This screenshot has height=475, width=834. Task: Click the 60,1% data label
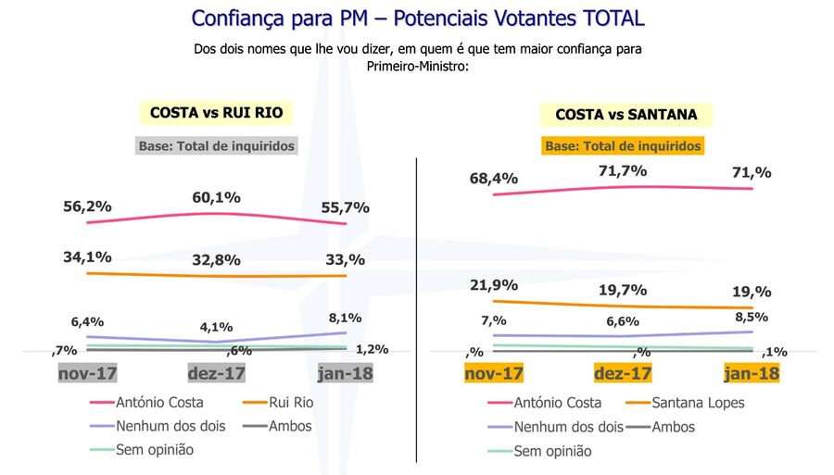tap(217, 197)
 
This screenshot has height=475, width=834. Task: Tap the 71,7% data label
tap(622, 171)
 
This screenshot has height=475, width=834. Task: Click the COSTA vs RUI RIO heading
tap(216, 113)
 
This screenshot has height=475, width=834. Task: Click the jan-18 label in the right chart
tap(751, 373)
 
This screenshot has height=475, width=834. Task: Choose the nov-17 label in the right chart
tap(494, 373)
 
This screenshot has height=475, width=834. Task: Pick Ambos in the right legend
tap(674, 427)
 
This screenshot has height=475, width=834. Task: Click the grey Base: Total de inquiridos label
tap(217, 145)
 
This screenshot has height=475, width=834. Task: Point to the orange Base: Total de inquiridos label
tap(622, 146)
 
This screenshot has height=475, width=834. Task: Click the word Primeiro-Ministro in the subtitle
tap(416, 66)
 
